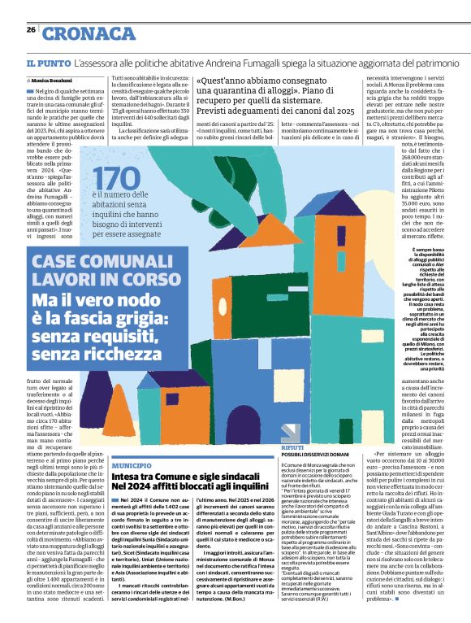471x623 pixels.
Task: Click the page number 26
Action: tap(31, 30)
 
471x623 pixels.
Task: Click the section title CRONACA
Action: tap(89, 34)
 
